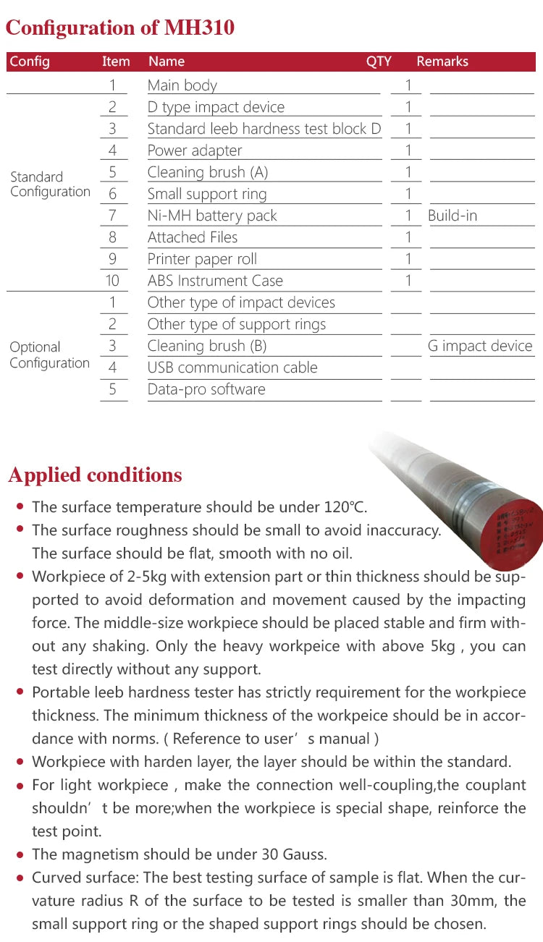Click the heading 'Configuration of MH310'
(120, 28)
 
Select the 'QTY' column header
(379, 61)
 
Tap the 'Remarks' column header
(442, 61)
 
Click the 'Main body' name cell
(182, 85)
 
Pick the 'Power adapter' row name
(195, 150)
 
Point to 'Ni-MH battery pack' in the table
(212, 216)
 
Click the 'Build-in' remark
(452, 216)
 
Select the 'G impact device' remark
(480, 346)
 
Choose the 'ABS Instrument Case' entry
(215, 281)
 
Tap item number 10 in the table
(112, 281)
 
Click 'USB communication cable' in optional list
(232, 368)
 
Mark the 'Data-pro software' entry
(206, 389)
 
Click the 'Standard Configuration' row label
(50, 184)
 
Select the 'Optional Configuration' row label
(49, 355)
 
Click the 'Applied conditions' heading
(95, 475)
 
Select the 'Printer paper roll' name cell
(202, 259)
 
